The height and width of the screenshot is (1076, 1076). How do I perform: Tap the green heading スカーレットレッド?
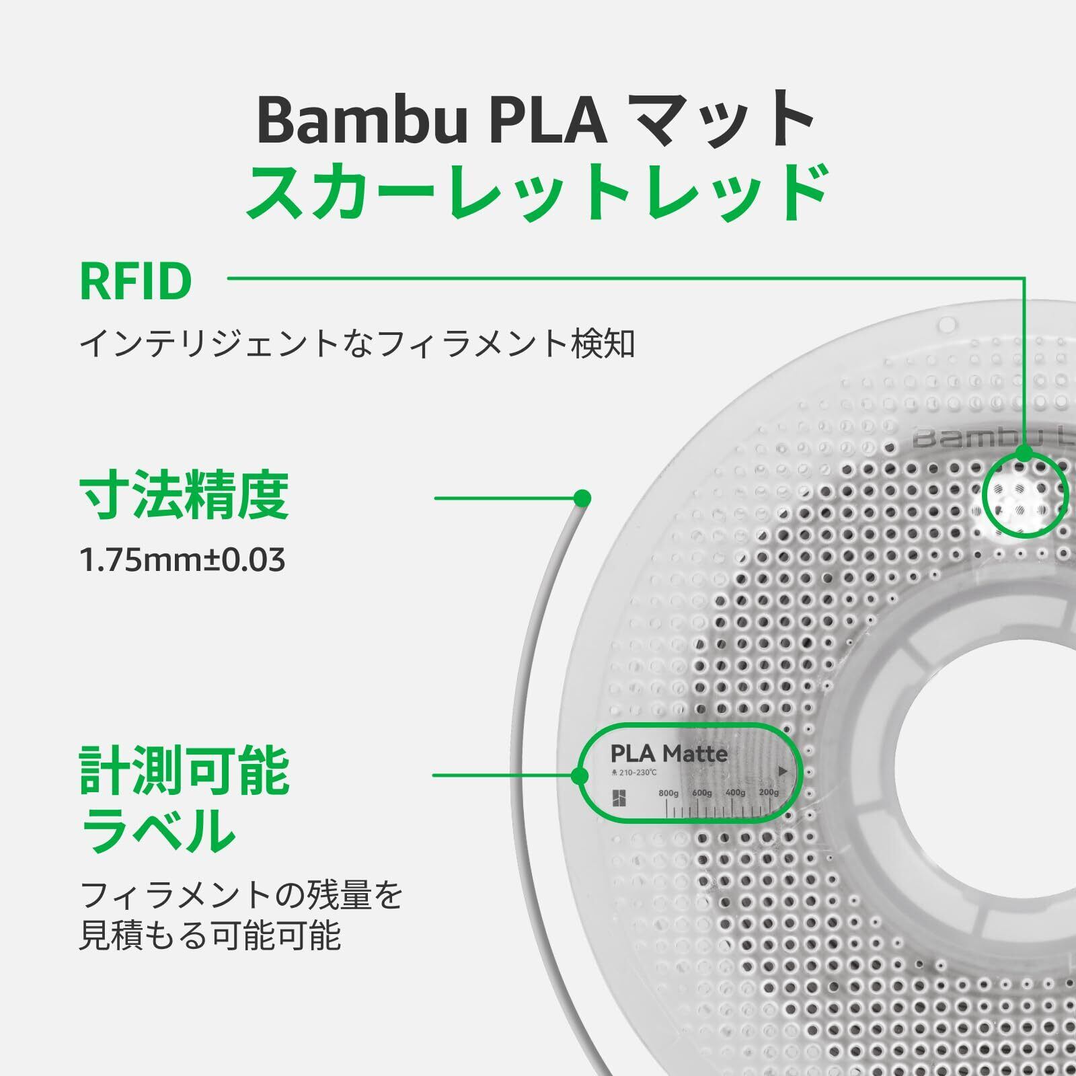537,193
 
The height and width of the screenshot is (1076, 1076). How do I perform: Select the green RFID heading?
136,282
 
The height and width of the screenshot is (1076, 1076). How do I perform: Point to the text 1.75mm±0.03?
182,560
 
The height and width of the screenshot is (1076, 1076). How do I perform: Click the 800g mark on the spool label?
668,794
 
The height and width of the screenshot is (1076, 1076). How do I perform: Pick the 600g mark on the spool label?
701,794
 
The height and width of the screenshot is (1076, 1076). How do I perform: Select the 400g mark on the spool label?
735,794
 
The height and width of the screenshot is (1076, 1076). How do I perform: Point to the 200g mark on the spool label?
768,793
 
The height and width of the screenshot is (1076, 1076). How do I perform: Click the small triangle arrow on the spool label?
782,771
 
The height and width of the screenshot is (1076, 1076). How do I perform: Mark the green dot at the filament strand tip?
582,498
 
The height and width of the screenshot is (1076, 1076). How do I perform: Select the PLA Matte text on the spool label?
668,753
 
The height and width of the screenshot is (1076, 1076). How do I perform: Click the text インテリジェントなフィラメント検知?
357,344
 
